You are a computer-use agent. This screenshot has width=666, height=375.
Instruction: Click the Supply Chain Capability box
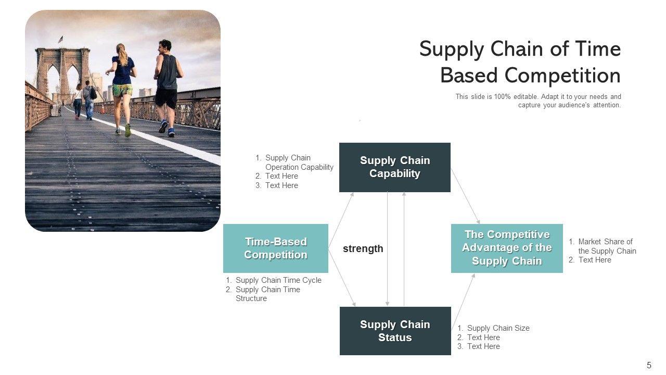coord(394,167)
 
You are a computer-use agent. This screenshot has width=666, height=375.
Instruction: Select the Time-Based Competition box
coord(276,248)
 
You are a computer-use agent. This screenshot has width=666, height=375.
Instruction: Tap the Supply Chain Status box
coord(395,331)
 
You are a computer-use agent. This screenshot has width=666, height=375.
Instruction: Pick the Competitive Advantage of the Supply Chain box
coord(507,248)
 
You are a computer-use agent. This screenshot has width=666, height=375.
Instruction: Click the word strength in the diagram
coord(363,249)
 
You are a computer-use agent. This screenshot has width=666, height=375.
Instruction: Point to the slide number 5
coord(649,365)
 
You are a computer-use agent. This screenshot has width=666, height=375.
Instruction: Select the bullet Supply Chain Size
coord(498,328)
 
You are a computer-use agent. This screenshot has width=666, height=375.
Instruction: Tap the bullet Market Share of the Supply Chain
coord(607,246)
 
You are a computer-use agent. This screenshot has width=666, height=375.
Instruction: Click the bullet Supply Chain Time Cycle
coord(278,280)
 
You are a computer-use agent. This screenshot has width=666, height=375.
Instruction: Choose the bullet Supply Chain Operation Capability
coord(299,162)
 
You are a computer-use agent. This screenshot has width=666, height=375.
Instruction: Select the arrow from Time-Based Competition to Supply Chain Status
coord(342,277)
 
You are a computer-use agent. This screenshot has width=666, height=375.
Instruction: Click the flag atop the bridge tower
coord(60,39)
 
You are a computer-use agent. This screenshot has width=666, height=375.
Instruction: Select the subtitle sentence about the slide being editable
coord(538,101)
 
